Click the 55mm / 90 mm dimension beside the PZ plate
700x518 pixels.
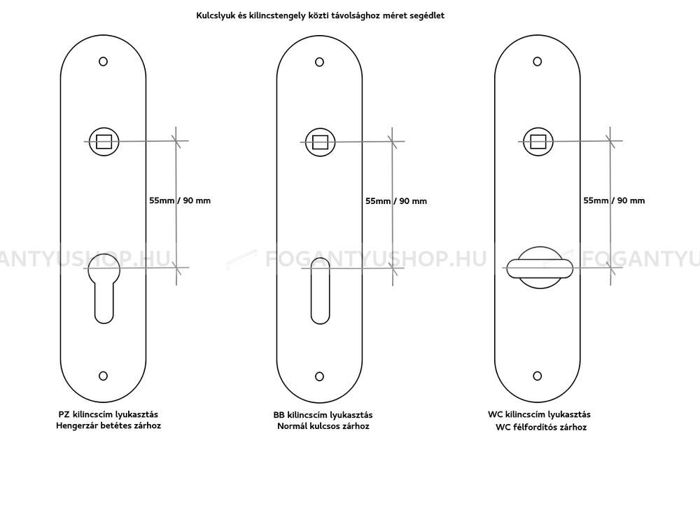click(180, 200)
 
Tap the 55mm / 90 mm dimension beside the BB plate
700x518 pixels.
click(396, 201)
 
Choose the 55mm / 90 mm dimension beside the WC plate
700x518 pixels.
click(614, 200)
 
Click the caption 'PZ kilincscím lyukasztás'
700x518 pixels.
click(108, 415)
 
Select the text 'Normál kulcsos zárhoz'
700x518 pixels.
click(323, 426)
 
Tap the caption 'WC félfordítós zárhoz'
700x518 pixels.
click(541, 428)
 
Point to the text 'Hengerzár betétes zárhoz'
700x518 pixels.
click(108, 425)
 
